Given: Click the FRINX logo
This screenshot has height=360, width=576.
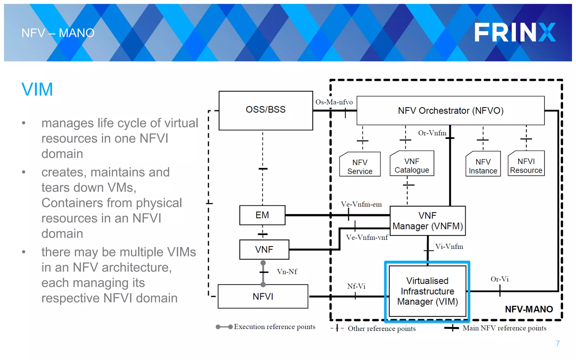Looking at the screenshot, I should coord(515,32).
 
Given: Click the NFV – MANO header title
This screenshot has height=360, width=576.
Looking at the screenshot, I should coord(58,33).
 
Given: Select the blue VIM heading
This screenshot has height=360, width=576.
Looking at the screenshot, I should coord(37,89).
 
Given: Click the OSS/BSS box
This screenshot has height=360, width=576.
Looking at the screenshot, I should coord(265,110).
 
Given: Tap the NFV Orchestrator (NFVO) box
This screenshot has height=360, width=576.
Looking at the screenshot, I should coord(450,111).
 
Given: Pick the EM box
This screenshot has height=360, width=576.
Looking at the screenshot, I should coord(262,215).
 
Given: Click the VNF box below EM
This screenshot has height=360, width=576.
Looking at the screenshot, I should coord(264,249).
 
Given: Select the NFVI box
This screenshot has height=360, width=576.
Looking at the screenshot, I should coord(263,296).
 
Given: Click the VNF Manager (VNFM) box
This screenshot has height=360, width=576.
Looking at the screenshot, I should coord(427,221).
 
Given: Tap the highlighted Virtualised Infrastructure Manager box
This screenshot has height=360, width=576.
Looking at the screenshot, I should coord(427,291).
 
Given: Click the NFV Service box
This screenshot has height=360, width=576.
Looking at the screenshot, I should coord(360,166).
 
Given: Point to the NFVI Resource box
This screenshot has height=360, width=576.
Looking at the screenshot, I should coord(526,166).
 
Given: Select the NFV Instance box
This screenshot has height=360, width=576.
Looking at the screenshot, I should coord(483,166).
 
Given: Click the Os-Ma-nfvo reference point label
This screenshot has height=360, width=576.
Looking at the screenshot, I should coord(334,102).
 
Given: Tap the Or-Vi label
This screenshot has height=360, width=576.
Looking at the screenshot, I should coord(499,279).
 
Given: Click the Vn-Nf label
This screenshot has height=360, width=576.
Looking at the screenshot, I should coord(287,272).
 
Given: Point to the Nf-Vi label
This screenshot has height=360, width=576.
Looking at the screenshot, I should coord(356,286).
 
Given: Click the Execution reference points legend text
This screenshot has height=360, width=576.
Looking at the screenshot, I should coord(274,327).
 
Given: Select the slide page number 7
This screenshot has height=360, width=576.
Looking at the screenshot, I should coord(557,343).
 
